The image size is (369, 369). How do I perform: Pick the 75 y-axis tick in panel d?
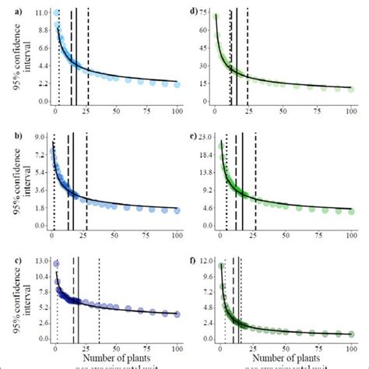tap(204, 14)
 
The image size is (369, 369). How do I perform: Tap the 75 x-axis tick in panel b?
tap(146, 236)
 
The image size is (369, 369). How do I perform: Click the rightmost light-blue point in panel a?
tap(177, 84)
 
